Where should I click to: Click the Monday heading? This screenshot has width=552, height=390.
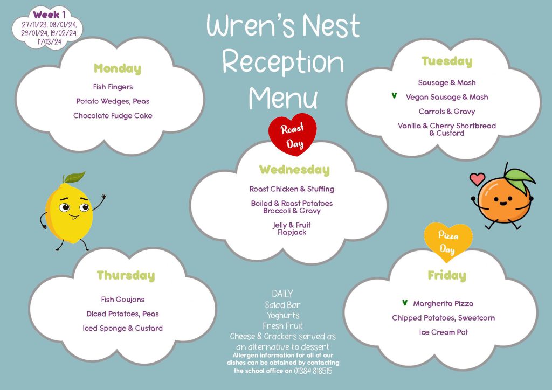(x=118, y=68)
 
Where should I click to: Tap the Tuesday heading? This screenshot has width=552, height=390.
(x=447, y=61)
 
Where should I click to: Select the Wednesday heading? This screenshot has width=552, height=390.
(x=294, y=170)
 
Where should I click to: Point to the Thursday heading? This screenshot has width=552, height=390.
(x=126, y=275)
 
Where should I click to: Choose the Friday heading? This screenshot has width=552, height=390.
(x=447, y=275)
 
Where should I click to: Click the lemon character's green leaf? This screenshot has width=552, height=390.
(x=74, y=177)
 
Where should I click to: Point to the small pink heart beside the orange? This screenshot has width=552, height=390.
(x=478, y=179)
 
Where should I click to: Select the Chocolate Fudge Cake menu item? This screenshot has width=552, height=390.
(x=113, y=116)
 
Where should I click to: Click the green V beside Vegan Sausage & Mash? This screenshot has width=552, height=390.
(x=394, y=96)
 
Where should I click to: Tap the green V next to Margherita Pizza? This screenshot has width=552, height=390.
(x=405, y=302)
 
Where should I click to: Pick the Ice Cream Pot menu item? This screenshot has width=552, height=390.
(x=443, y=332)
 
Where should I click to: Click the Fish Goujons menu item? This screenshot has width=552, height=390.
(x=122, y=300)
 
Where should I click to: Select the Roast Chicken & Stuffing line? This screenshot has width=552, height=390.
(x=292, y=189)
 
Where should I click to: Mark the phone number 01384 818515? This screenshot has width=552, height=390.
(x=313, y=371)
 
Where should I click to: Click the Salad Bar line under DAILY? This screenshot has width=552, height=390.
(x=282, y=305)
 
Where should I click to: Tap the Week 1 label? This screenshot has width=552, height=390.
(x=49, y=15)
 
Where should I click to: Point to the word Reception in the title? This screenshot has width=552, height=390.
(x=283, y=62)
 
